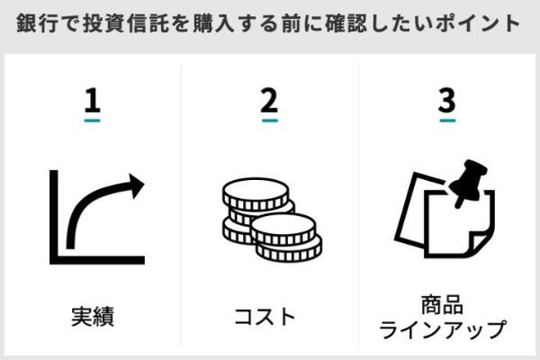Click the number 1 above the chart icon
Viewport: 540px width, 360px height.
[x=93, y=100]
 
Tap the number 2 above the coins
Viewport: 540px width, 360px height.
[x=269, y=100]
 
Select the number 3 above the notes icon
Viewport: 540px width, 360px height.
[x=447, y=100]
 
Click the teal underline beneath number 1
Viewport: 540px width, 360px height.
[x=93, y=121]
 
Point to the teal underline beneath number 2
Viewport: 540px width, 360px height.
[x=270, y=121]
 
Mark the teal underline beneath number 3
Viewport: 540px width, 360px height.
[x=447, y=121]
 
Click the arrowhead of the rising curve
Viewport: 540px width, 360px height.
[x=136, y=186]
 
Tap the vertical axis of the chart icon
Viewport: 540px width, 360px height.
[x=54, y=217]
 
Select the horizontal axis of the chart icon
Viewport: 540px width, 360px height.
[x=97, y=260]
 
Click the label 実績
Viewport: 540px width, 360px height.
[x=93, y=316]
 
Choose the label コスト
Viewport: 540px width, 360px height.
[x=265, y=317]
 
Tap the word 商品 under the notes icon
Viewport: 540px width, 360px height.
[x=442, y=304]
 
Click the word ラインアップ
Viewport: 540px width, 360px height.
[x=443, y=329]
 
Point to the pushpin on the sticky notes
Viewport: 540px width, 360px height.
[x=468, y=183]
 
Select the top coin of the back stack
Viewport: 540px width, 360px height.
[x=256, y=194]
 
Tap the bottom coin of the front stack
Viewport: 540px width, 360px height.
[x=289, y=248]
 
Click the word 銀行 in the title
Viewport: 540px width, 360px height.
[x=38, y=23]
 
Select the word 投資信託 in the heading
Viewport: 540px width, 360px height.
[x=126, y=23]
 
